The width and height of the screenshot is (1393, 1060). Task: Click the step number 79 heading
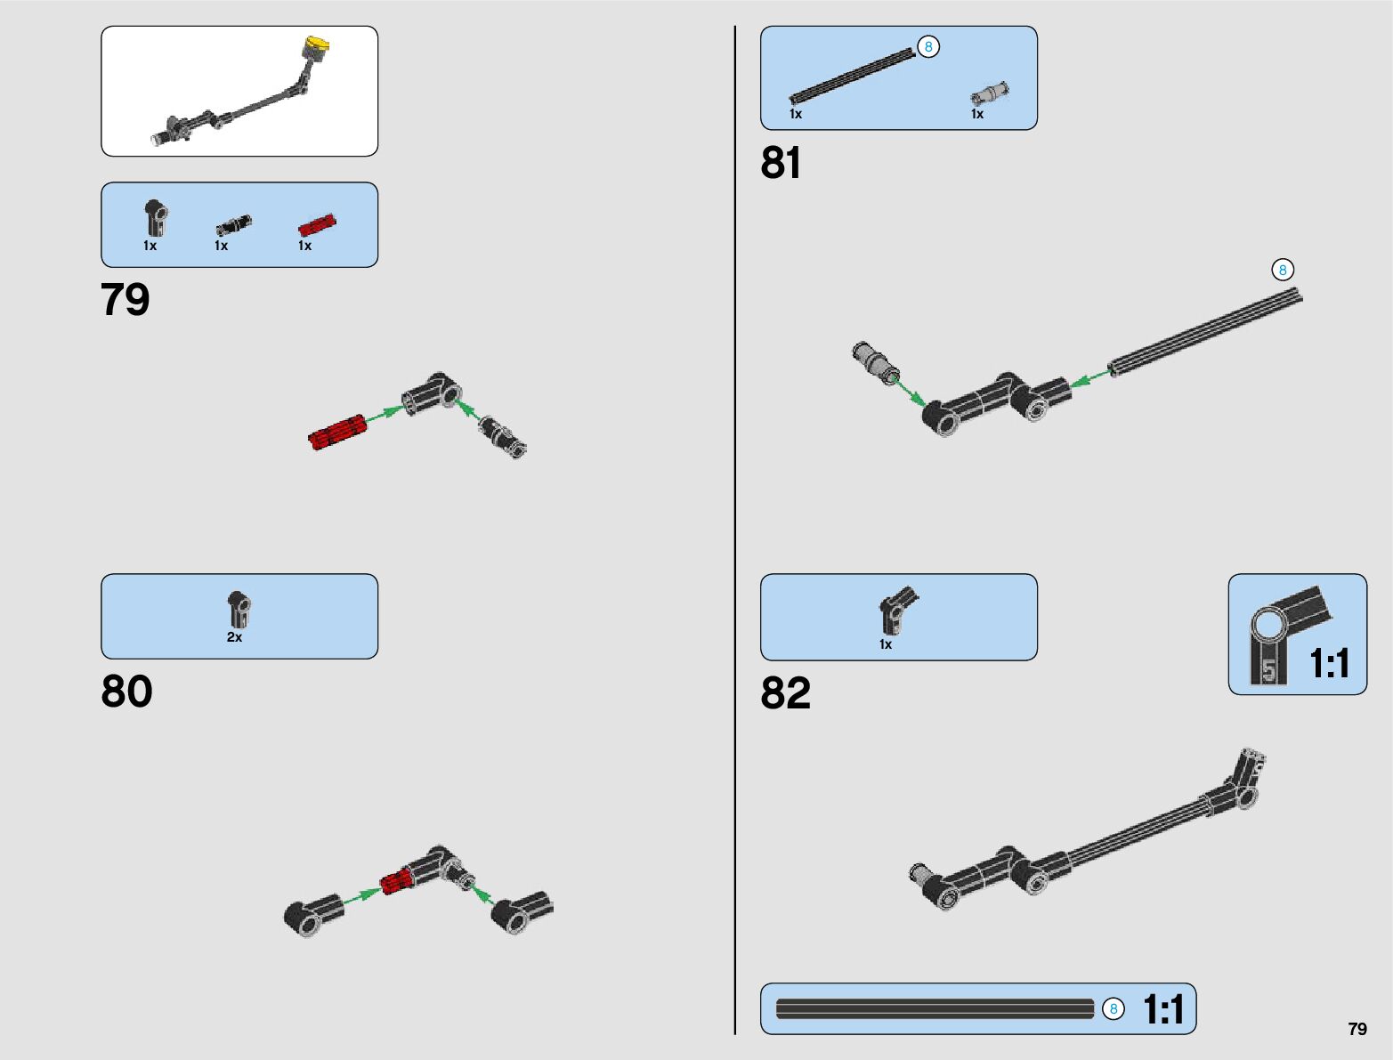point(126,300)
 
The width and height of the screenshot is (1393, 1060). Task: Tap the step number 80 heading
point(126,692)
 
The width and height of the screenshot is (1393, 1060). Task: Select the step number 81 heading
point(781,164)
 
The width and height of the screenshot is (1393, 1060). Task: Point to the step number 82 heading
point(785,693)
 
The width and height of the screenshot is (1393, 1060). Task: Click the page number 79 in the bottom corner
point(1357,1029)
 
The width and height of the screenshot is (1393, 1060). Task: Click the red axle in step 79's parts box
point(317,223)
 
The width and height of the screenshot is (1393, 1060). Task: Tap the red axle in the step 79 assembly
point(337,432)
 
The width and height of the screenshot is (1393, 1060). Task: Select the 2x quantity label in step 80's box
point(234,637)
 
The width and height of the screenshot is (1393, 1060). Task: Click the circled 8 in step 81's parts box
point(927,46)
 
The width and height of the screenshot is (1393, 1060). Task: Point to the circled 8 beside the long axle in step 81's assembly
point(1282,270)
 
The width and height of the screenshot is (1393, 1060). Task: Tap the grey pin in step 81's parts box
point(990,93)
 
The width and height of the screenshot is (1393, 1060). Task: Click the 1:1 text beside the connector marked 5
point(1330,664)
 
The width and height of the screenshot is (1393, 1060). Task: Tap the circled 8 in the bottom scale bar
point(1113,1009)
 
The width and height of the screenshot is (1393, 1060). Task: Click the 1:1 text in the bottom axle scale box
point(1163,1010)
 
